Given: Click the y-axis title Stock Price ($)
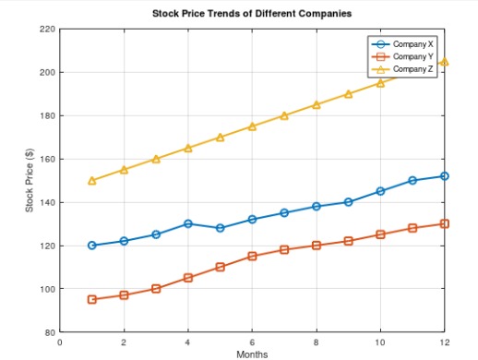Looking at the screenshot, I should (x=30, y=181).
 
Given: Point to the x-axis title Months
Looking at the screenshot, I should (x=252, y=354).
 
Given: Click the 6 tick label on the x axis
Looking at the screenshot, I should (x=252, y=342).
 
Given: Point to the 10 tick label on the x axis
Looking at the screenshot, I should (x=380, y=342).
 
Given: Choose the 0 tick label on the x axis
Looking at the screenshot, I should (x=60, y=342).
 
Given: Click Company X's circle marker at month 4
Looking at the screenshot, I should (x=188, y=223).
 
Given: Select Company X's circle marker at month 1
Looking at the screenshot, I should (x=92, y=246).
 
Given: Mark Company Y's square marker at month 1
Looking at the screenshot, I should (x=92, y=299).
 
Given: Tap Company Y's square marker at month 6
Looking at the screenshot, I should (x=252, y=256).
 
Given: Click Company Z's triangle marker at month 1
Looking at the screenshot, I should (x=92, y=181).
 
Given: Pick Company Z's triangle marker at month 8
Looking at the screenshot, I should (x=317, y=105).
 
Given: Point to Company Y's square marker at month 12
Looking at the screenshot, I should (x=444, y=223).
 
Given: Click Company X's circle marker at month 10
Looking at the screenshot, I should (x=380, y=191).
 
